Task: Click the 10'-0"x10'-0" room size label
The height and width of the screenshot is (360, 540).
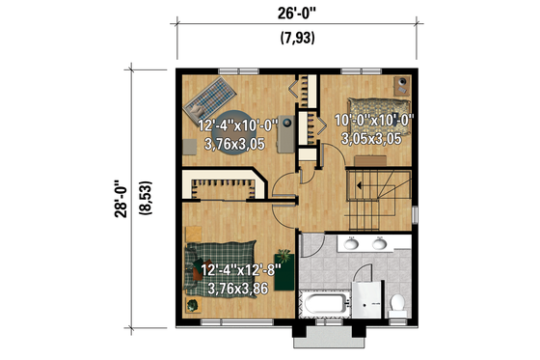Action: tap(374, 121)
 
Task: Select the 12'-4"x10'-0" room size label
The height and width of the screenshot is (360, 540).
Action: tap(237, 125)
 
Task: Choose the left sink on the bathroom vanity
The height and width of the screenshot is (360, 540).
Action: tap(350, 244)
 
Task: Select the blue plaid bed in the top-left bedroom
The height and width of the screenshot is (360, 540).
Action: tap(209, 97)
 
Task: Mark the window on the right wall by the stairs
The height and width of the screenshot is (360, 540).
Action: tap(415, 213)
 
